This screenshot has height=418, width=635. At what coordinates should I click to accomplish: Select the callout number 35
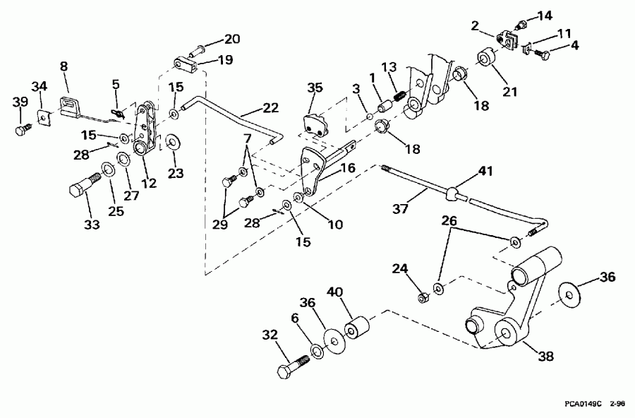(x=315, y=88)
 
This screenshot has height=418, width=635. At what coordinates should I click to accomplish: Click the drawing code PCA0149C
(x=581, y=405)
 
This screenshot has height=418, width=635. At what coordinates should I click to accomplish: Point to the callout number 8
(x=64, y=66)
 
